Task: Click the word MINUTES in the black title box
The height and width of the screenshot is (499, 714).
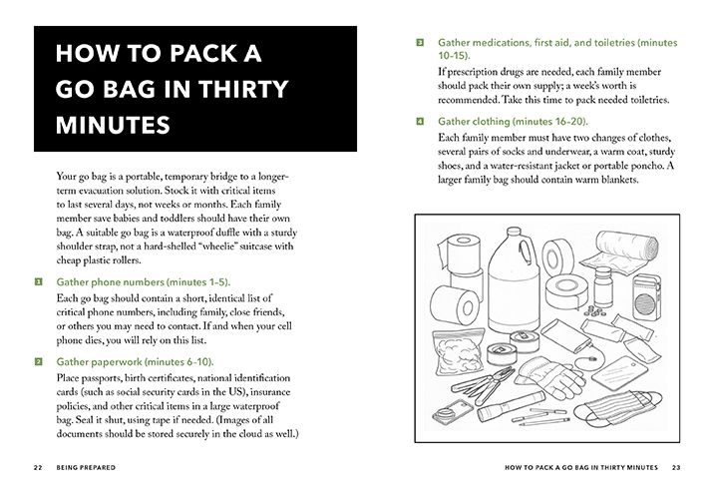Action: coord(112,127)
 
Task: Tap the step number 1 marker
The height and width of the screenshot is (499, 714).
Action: coord(37,282)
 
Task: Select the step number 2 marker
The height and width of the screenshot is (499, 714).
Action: coord(37,360)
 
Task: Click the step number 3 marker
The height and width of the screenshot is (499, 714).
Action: coord(420,43)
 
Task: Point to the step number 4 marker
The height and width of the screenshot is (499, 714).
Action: coord(420,121)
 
